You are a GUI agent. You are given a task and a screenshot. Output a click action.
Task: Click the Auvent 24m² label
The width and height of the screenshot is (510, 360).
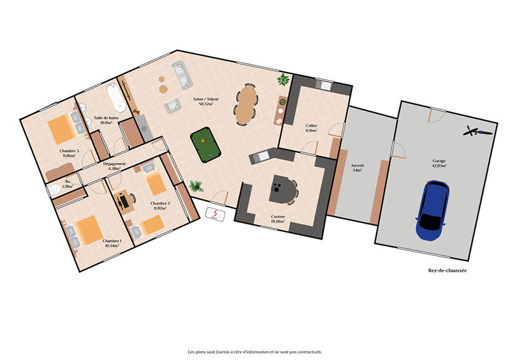pyautogui.click(x=357, y=168)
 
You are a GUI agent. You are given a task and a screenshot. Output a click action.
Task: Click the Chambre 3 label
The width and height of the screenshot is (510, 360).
pyautogui.click(x=69, y=152)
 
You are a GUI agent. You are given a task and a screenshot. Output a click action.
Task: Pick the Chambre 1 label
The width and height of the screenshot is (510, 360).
pyautogui.click(x=112, y=243)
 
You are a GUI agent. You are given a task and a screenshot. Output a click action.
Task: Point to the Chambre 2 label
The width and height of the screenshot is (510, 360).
pyautogui.click(x=159, y=205)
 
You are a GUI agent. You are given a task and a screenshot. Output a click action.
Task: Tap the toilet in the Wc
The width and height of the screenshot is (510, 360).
pyautogui.click(x=55, y=189)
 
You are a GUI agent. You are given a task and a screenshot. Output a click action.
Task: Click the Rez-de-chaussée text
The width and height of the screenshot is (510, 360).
pyautogui.click(x=447, y=270)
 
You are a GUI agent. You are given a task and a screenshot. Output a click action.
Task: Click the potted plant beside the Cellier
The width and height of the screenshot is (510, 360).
pyautogui.click(x=282, y=80)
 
